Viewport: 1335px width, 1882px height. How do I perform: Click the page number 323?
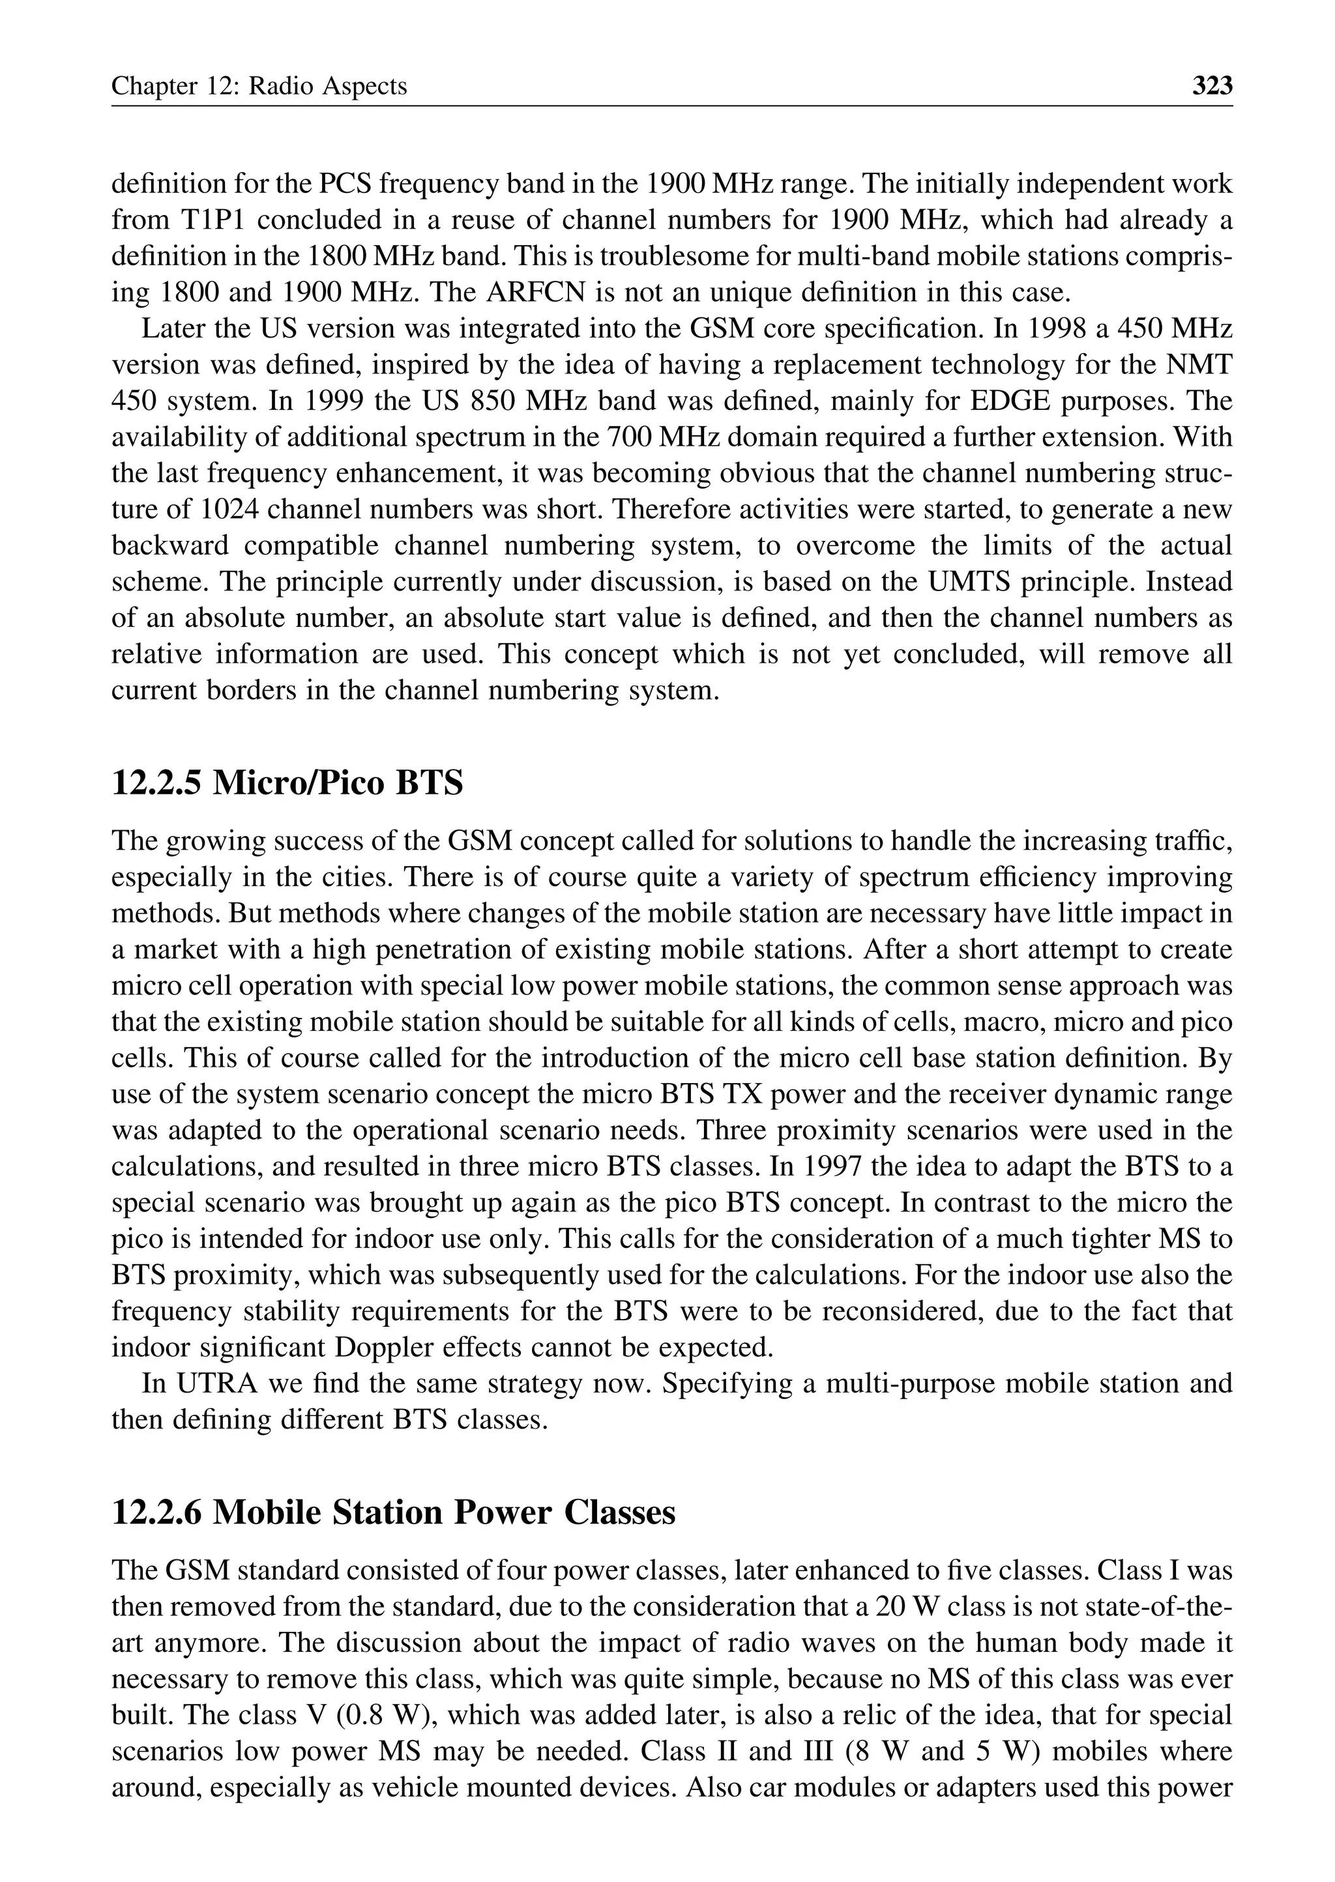1212,85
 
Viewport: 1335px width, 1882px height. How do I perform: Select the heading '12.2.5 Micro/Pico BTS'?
287,783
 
